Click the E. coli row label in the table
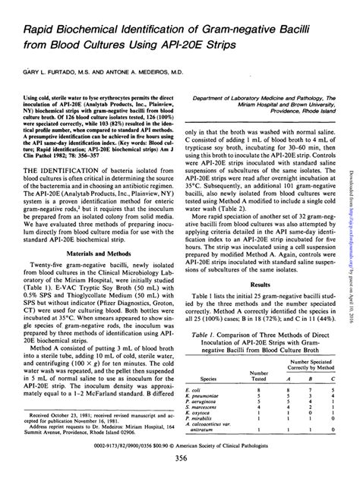coord(191,389)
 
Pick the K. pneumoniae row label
coord(199,395)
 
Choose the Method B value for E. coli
coord(306,389)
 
